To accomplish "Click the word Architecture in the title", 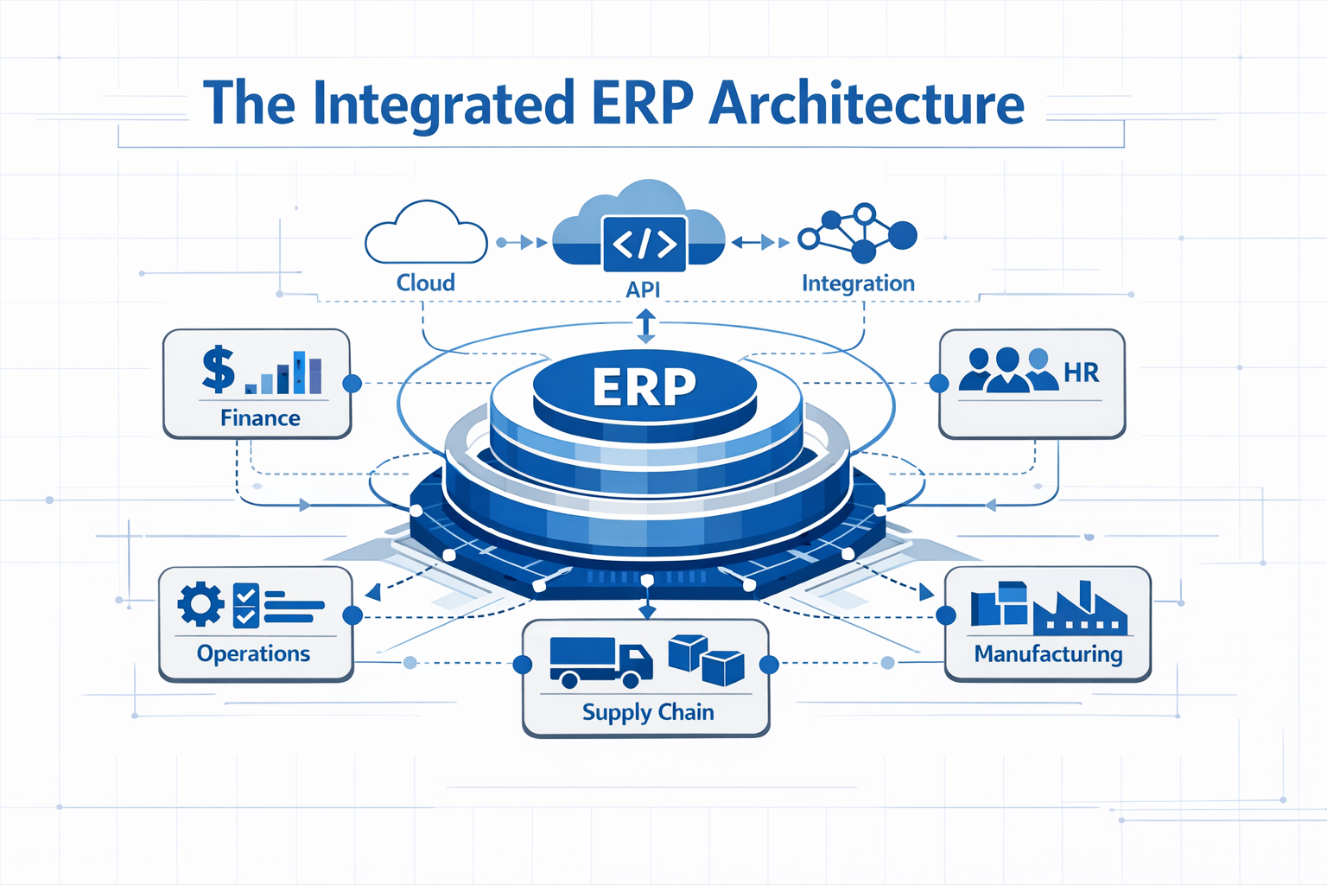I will tap(866, 104).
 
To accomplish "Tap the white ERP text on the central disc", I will tap(644, 386).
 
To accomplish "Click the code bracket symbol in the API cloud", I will tap(644, 245).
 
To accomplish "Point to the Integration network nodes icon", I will tap(857, 233).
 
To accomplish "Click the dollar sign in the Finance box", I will tap(218, 369).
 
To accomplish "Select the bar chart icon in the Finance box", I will tap(285, 373).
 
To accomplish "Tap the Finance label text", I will tap(260, 418).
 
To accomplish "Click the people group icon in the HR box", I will tap(1007, 371).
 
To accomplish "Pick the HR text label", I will tap(1081, 372).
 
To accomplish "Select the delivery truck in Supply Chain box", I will tap(600, 662).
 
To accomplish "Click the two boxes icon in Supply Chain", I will tap(706, 659).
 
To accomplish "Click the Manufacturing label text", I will tap(1048, 654).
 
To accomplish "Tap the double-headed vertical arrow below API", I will tap(645, 328).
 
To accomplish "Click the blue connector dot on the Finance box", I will tap(352, 384).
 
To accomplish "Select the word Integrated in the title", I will tap(443, 104).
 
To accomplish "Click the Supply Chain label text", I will tap(648, 712).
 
